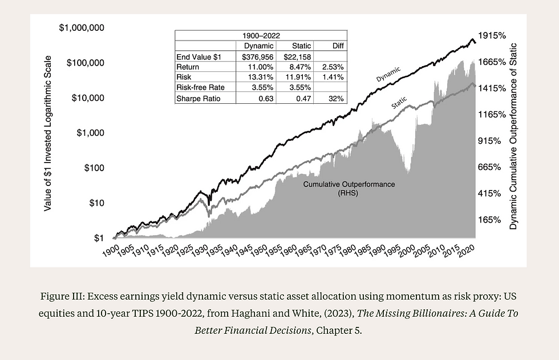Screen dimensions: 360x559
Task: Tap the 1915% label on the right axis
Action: (492, 35)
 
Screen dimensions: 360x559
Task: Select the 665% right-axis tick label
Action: (489, 167)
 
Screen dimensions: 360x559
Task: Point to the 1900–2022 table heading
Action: (260, 35)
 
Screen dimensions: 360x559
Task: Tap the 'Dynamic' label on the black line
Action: (388, 74)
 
